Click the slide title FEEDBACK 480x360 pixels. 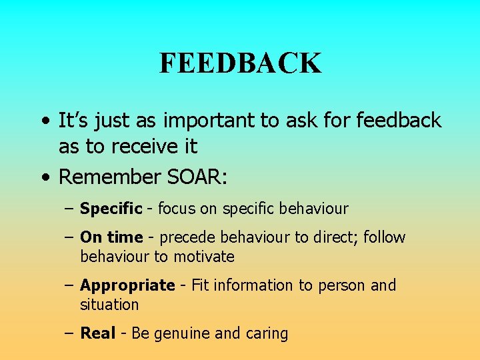coord(240,63)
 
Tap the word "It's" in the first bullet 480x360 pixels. coord(75,121)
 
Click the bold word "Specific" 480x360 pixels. coord(111,209)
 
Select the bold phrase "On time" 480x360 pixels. coord(111,237)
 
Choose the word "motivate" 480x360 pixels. coord(204,257)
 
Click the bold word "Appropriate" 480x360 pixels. coord(127,286)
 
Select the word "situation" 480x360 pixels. coord(109,305)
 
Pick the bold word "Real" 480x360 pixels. coord(97,333)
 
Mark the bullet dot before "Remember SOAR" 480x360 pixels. coord(44,178)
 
